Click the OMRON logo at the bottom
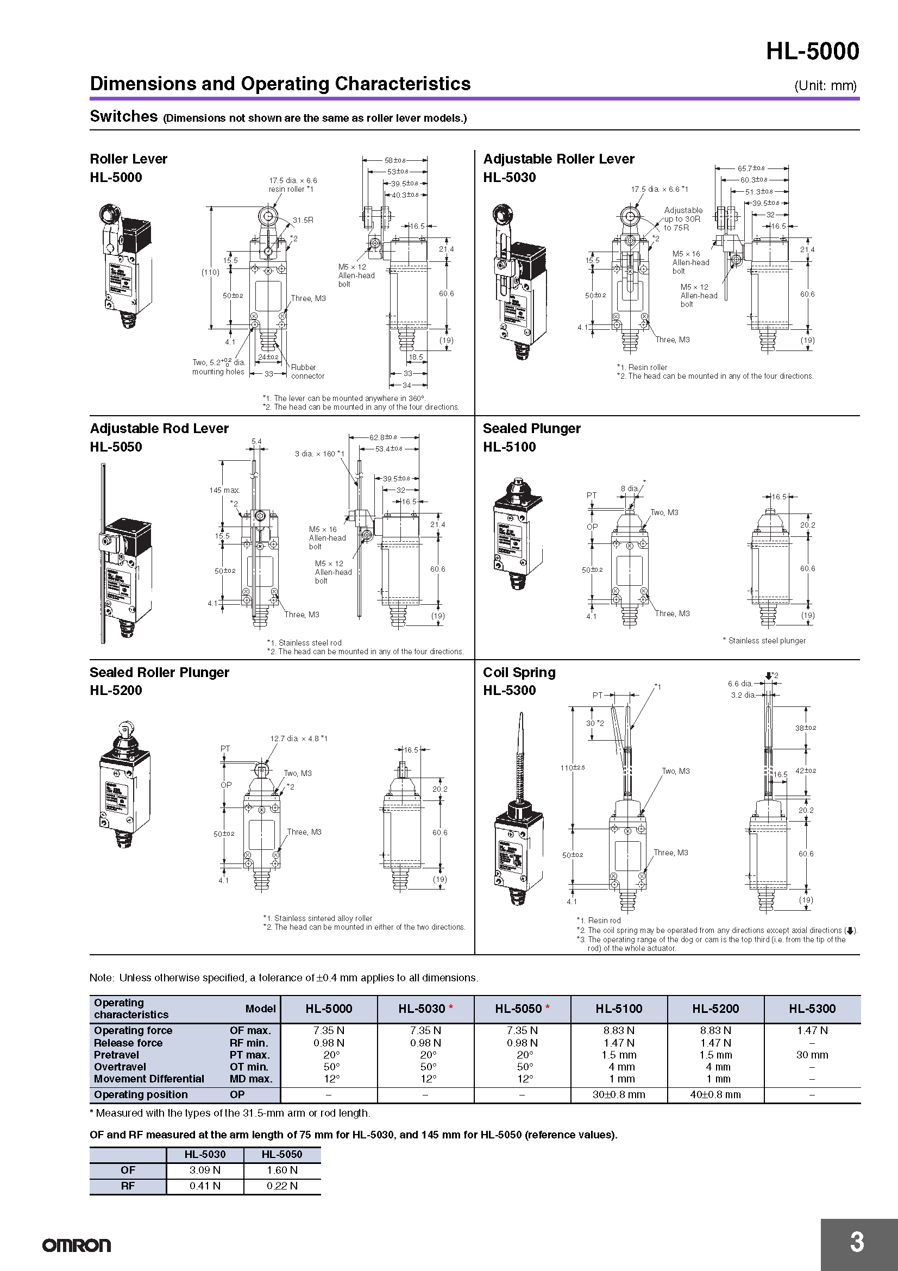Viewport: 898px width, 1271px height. (x=77, y=1245)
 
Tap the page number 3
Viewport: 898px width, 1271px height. (x=857, y=1242)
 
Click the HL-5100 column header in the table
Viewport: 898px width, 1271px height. (x=619, y=1009)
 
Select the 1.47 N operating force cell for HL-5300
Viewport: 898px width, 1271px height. (x=812, y=1030)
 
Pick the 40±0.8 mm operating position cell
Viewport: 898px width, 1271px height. (x=715, y=1094)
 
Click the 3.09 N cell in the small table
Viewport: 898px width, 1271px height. (x=205, y=1170)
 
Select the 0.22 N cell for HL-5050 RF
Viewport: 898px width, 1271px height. (x=281, y=1185)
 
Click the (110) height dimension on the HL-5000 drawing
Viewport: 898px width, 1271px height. (x=210, y=272)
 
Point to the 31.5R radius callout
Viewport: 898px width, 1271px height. (x=303, y=220)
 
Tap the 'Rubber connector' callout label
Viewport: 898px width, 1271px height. (x=307, y=372)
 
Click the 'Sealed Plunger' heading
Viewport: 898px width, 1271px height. (x=531, y=428)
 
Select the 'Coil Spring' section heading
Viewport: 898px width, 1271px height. (x=519, y=672)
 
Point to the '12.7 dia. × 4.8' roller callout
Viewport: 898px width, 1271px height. (x=298, y=738)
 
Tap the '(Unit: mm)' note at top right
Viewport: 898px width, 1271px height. (x=825, y=86)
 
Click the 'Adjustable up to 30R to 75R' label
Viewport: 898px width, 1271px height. (x=683, y=218)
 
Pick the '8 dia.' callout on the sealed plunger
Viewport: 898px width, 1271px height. (x=629, y=489)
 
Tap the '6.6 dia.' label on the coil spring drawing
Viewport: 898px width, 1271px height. (x=740, y=684)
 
